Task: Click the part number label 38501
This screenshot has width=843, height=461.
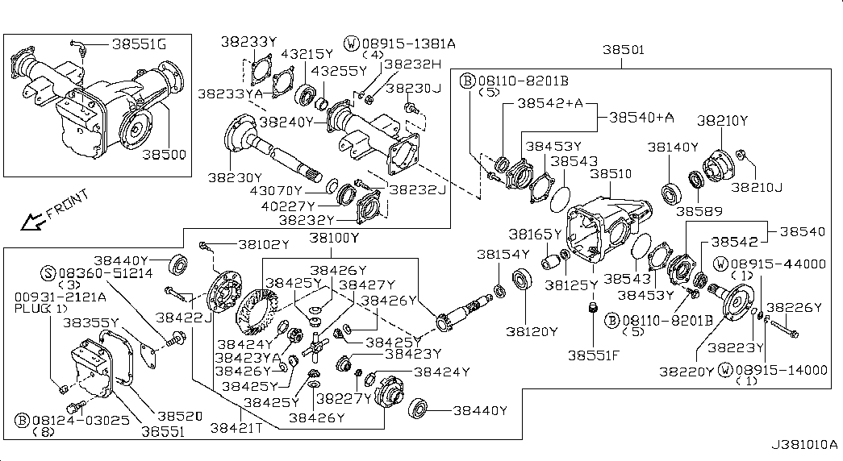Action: tap(623, 50)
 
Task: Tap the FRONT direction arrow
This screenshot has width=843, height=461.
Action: tap(33, 220)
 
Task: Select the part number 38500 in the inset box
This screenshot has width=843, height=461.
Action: tap(164, 155)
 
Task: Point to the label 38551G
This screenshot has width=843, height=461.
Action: tap(140, 44)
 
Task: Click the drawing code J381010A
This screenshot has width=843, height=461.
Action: tap(805, 445)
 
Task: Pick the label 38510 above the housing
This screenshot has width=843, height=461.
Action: tap(611, 174)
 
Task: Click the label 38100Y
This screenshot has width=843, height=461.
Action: tap(334, 238)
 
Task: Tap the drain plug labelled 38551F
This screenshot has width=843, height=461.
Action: tap(593, 309)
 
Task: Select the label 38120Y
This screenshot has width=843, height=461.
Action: tap(532, 331)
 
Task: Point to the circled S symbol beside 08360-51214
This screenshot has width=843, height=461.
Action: tap(48, 273)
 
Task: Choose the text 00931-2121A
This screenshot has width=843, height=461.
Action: tap(61, 297)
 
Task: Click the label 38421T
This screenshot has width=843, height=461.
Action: tap(236, 428)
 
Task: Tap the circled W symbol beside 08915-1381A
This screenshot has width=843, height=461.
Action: tap(352, 44)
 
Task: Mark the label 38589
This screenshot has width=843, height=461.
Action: tap(699, 211)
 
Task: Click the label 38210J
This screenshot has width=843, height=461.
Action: tap(757, 187)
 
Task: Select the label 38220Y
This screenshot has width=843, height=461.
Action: tap(687, 372)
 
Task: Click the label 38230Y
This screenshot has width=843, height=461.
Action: tap(235, 178)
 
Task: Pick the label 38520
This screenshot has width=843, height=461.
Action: tap(180, 416)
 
